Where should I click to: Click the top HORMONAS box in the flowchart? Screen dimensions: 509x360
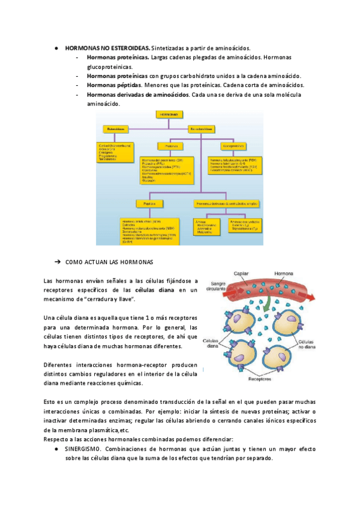(170, 113)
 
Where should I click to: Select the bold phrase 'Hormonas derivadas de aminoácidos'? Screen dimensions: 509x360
(137, 95)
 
